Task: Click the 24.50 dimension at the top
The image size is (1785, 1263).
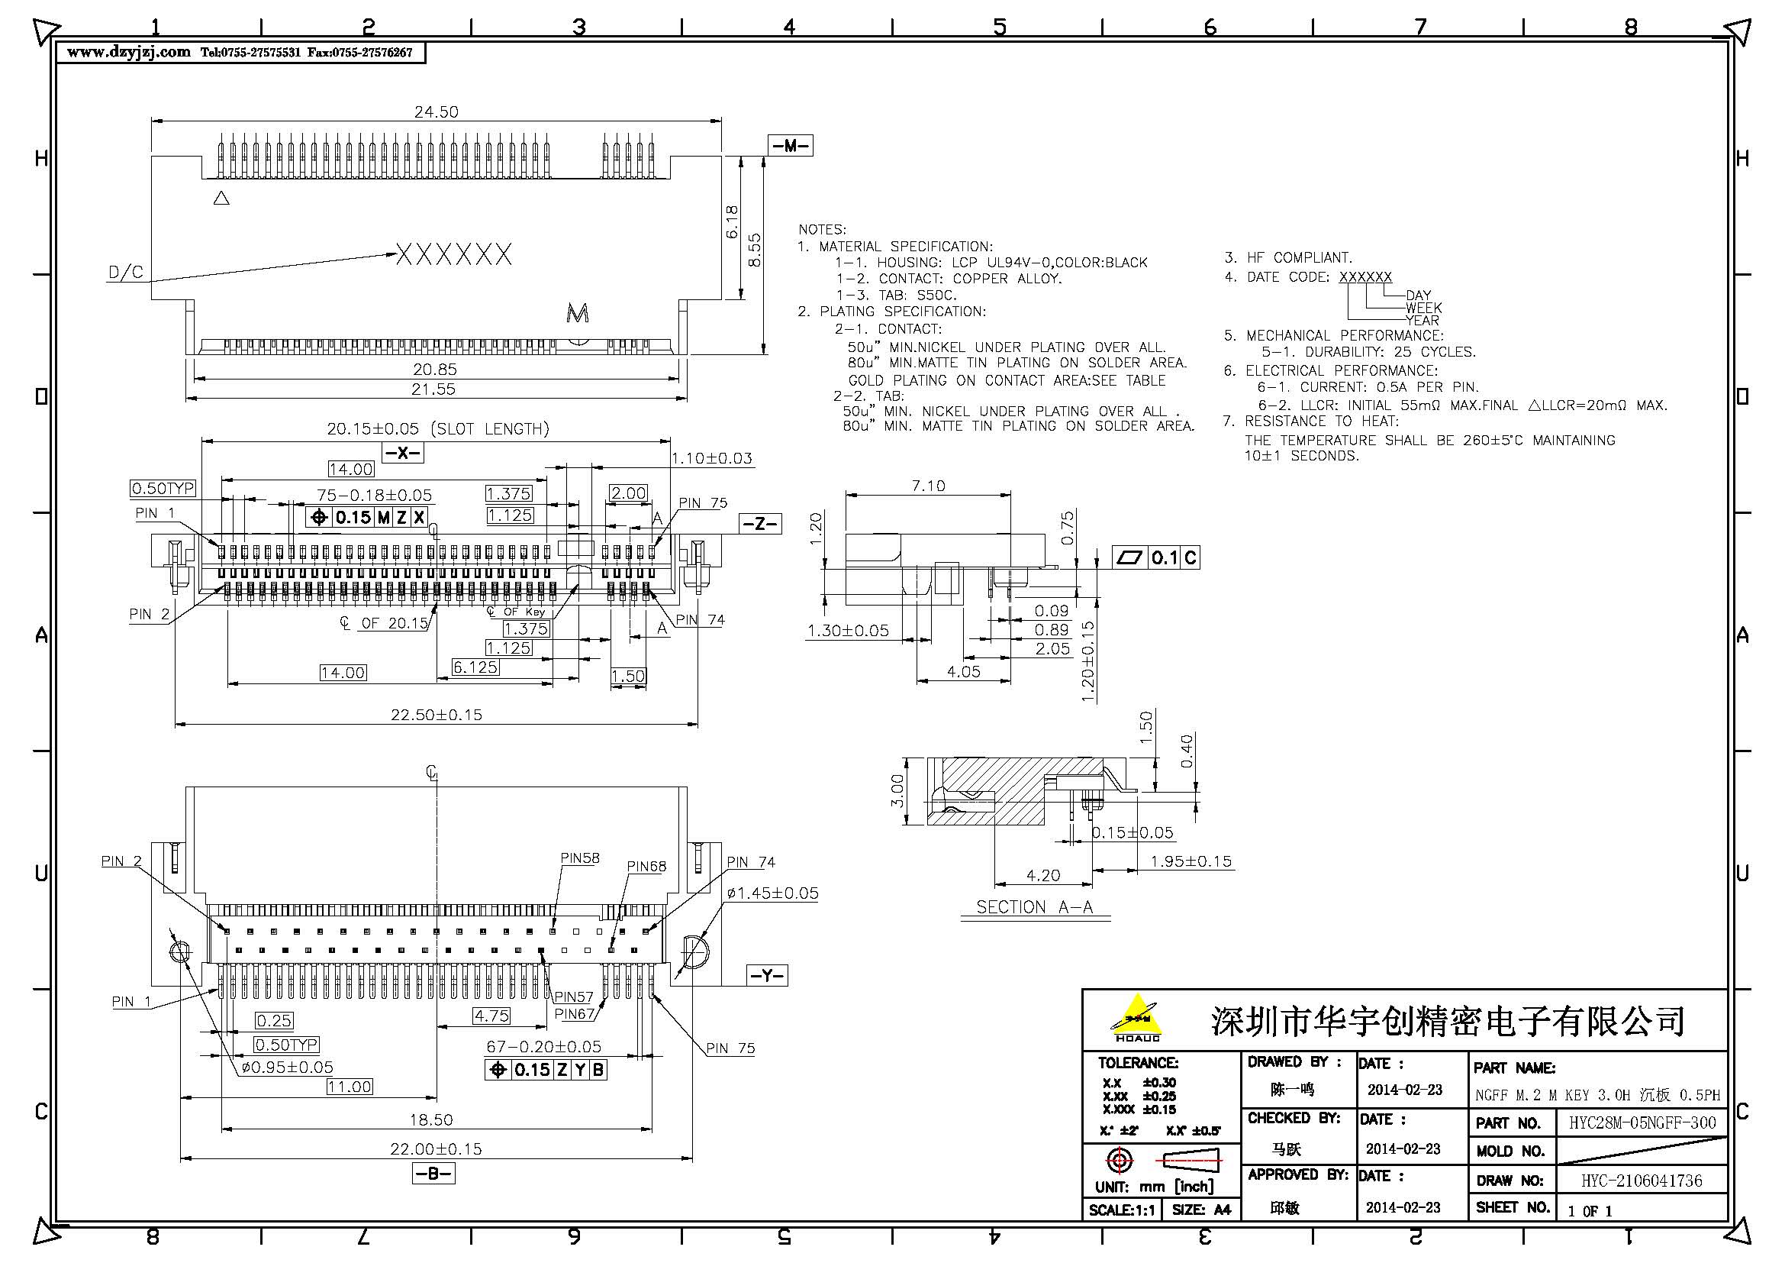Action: (x=437, y=112)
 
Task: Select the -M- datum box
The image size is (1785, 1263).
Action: (x=790, y=146)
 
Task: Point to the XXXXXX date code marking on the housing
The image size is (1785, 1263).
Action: (x=454, y=254)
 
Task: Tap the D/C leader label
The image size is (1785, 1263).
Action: (x=125, y=272)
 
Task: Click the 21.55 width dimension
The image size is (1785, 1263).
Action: (x=433, y=389)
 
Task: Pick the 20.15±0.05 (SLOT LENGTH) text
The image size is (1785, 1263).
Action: (x=438, y=428)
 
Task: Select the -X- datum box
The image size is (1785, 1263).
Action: (x=403, y=453)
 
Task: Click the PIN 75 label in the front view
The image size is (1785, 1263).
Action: (x=702, y=503)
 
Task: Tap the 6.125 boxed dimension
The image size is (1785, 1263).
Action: (x=475, y=667)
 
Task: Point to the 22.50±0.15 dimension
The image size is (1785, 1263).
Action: (x=437, y=714)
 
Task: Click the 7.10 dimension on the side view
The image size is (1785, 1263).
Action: (x=928, y=486)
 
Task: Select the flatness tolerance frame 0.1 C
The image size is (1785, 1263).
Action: (x=1155, y=557)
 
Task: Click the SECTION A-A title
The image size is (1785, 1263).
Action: (x=1034, y=907)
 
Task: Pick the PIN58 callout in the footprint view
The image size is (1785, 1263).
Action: (x=580, y=858)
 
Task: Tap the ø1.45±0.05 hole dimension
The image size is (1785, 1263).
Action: (x=773, y=893)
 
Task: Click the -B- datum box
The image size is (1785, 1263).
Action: (x=433, y=1174)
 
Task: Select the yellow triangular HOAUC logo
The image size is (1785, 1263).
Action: (x=1136, y=1017)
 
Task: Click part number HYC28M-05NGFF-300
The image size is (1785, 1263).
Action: (x=1642, y=1123)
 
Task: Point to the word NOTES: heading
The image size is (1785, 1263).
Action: (x=822, y=229)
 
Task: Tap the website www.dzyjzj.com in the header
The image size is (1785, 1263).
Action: (x=128, y=52)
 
